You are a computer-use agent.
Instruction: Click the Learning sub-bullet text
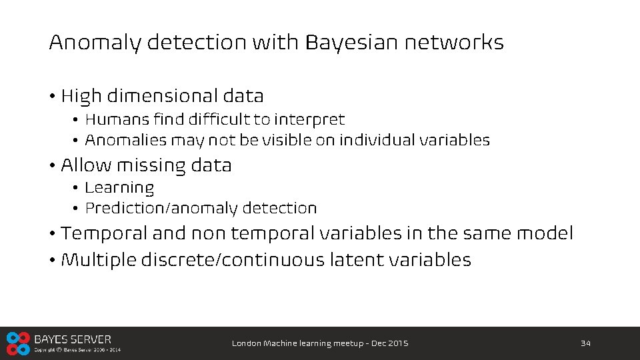pyautogui.click(x=119, y=189)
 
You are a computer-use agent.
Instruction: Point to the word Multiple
pyautogui.click(x=99, y=260)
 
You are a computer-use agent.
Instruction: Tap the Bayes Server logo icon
pyautogui.click(x=18, y=343)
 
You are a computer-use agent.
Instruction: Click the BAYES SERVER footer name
pyautogui.click(x=73, y=339)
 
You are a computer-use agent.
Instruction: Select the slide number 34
pyautogui.click(x=586, y=343)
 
